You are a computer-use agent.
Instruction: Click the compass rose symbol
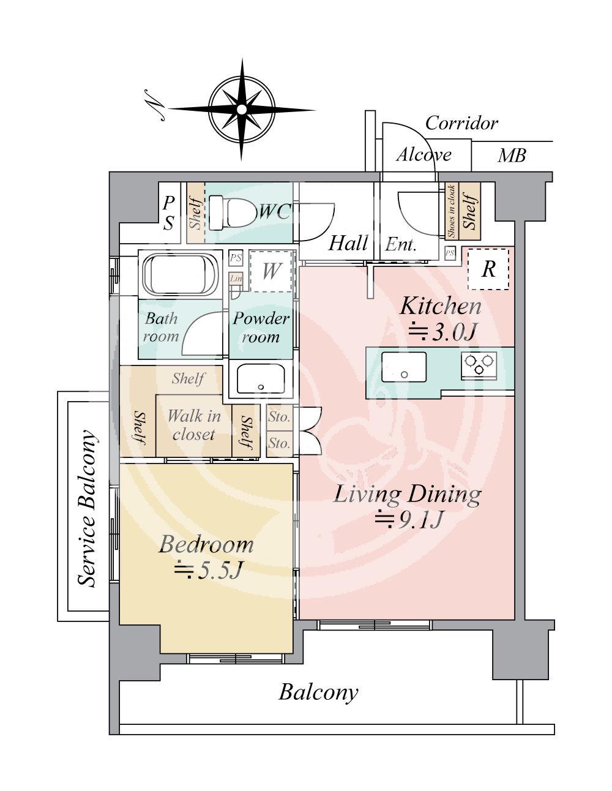pos(242,109)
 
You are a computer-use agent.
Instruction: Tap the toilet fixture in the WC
pos(232,212)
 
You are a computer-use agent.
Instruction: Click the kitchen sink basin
pos(403,367)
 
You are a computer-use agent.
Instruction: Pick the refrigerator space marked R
pos(488,269)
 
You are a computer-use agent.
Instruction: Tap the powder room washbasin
pos(261,379)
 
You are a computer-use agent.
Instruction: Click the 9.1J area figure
pos(409,521)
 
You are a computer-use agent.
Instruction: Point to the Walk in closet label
pos(194,425)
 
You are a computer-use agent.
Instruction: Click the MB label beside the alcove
pos(512,156)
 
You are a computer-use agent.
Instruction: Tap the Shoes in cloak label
pos(451,211)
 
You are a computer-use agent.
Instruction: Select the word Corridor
pos(461,124)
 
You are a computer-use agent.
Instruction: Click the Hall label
pos(348,243)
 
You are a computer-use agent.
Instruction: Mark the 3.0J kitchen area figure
pos(442,332)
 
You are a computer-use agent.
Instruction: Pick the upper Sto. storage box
pos(279,418)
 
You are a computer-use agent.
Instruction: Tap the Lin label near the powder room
pos(236,279)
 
